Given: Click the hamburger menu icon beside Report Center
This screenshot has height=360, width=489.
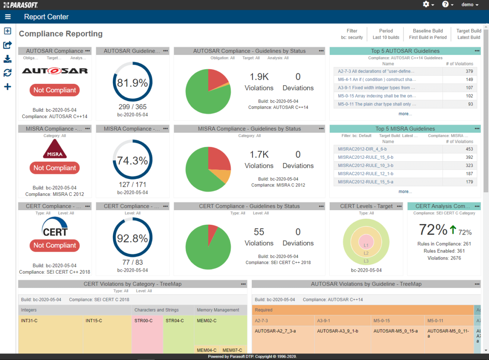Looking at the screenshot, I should click(8, 17).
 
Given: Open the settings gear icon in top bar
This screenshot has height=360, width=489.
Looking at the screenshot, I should click(426, 4).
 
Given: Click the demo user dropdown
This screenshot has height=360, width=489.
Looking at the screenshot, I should click(469, 4).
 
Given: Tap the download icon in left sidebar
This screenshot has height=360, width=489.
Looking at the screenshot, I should click(7, 59).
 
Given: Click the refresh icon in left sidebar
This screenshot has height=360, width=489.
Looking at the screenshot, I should click(7, 73).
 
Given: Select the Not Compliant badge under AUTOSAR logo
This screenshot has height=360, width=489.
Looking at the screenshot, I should click(55, 90).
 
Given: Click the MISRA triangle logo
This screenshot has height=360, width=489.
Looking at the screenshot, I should click(55, 149).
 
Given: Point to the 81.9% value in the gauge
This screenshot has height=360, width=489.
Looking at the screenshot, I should click(132, 83).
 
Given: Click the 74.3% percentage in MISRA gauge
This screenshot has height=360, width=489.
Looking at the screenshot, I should click(132, 160).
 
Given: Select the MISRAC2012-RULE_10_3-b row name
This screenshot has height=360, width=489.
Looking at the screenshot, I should click(366, 166).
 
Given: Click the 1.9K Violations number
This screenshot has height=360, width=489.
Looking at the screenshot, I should click(259, 77).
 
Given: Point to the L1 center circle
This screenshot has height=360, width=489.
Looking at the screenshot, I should click(366, 245).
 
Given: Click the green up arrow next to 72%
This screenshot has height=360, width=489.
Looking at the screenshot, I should click(453, 230).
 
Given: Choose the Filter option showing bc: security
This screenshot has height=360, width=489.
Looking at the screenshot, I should click(352, 34).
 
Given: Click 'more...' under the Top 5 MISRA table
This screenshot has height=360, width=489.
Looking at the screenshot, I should click(405, 191).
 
